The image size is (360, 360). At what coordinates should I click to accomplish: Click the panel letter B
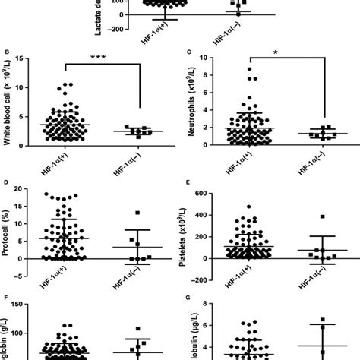(8, 53)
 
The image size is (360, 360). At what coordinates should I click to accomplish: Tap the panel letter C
(188, 53)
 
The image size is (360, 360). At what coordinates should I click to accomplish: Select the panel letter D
(8, 182)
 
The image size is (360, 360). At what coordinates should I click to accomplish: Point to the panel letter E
(188, 182)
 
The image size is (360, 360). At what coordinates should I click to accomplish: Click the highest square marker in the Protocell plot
(137, 213)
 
